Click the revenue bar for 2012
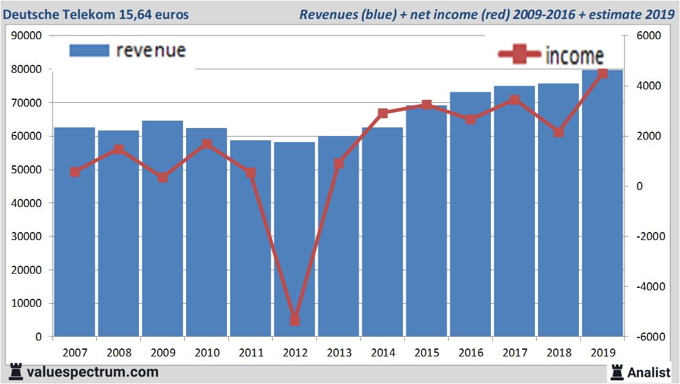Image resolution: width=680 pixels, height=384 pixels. pos(294,239)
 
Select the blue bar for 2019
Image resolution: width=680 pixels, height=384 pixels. pos(602,202)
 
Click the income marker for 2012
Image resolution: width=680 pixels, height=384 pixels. pos(294,320)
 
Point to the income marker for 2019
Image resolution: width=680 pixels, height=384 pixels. pos(602,73)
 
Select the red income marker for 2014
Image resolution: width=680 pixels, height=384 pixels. pos(383,113)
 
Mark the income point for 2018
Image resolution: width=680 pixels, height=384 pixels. pos(558,132)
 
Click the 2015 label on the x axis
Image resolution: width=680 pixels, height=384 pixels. pos(427,353)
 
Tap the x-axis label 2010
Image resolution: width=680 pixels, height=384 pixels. pos(206,353)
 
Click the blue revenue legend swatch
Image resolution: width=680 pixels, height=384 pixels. pos(89,50)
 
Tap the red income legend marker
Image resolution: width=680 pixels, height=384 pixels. pos(519,55)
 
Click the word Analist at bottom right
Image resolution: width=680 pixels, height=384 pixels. pos(649,372)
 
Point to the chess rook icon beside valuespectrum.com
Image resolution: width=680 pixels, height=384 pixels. pos(16,372)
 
